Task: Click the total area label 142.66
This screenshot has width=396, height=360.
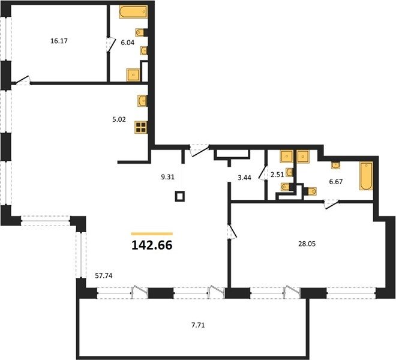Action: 152,245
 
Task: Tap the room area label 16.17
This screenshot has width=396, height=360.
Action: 59,41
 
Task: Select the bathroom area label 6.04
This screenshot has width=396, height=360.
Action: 128,43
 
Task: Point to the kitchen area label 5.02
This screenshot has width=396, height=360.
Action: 119,119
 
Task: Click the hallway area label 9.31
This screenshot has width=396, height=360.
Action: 167,177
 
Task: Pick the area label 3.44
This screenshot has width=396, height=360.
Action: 244,178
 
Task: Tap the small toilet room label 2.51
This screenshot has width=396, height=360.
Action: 277,175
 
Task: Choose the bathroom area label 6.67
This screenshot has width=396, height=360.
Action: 335,182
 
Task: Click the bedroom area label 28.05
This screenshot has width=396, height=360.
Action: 307,244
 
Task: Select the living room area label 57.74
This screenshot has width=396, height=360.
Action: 104,275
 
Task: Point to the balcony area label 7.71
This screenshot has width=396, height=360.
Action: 198,325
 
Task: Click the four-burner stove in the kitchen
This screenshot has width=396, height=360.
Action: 141,127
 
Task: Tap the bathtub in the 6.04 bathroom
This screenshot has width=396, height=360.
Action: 133,11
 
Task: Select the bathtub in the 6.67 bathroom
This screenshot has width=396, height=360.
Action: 366,176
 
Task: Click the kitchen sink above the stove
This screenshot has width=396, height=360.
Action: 142,101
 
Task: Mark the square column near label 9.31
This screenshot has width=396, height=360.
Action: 180,196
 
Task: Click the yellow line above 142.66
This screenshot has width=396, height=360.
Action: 152,233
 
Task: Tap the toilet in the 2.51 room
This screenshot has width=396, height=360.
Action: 287,187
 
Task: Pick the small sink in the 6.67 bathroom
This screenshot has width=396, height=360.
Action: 335,165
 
